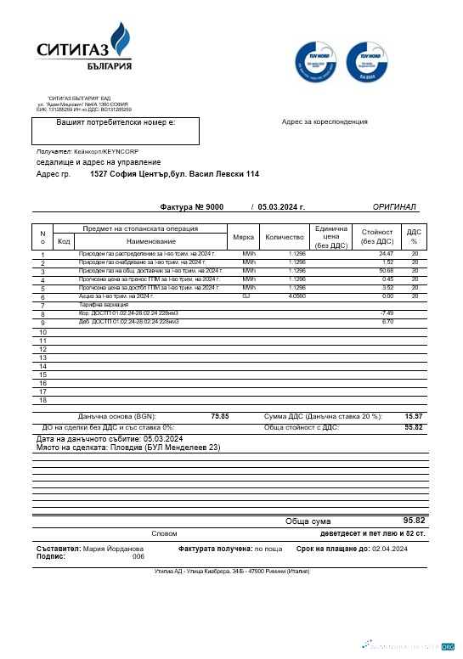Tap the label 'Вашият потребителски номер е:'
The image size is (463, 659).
pos(116,123)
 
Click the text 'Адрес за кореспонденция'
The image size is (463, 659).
pos(325,121)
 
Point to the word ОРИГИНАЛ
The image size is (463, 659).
pos(394,207)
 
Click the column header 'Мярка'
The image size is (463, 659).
pos(243,237)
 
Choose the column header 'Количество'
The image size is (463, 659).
pos(285,237)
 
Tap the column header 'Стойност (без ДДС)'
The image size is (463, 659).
pos(377,237)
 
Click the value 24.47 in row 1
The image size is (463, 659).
pos(386,254)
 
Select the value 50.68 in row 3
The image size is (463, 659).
pos(386,271)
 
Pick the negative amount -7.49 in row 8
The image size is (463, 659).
pos(387,313)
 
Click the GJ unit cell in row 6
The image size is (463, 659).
pos(246,296)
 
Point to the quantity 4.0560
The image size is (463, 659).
pos(296,296)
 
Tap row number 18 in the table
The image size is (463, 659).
pos(42,400)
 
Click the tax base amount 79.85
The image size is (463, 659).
pos(219,416)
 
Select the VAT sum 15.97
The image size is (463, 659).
pos(414,416)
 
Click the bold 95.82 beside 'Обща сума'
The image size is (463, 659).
pos(414,520)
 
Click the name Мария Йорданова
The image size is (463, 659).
pos(113,549)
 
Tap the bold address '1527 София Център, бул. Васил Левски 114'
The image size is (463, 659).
pos(174,174)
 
